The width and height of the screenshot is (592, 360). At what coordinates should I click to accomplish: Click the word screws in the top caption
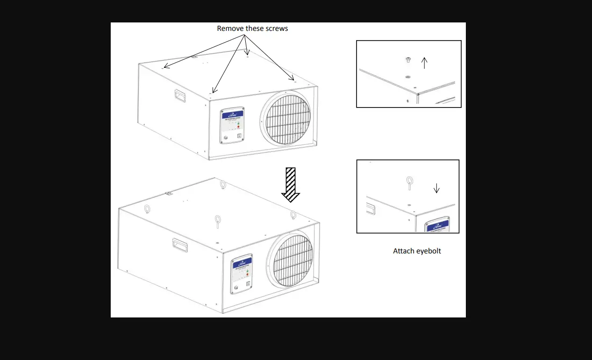click(276, 29)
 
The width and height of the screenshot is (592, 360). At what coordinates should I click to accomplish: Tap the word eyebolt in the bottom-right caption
click(428, 251)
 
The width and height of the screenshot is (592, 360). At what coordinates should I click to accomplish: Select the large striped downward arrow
click(291, 185)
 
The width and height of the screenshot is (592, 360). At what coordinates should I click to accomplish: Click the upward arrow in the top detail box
click(424, 63)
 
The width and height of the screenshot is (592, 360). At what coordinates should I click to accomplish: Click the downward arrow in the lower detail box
click(436, 188)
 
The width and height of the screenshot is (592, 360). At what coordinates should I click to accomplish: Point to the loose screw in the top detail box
click(407, 60)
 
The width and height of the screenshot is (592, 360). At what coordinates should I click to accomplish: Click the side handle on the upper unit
click(178, 95)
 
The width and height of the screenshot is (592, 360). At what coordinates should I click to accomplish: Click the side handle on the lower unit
click(179, 245)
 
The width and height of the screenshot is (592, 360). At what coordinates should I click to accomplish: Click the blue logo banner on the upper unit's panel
click(232, 115)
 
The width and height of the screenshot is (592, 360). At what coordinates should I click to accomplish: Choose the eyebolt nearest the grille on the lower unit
click(293, 215)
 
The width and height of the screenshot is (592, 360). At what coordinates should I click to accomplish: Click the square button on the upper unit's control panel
click(239, 136)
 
